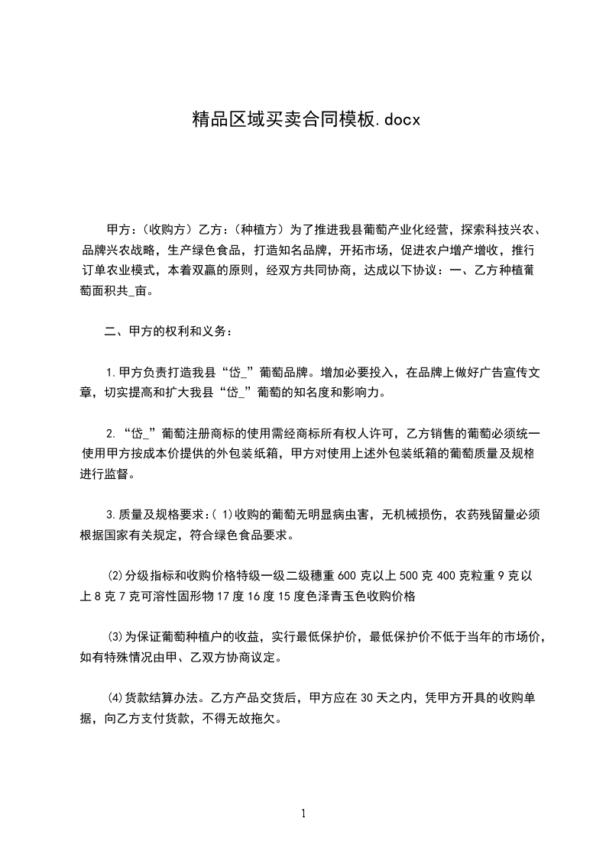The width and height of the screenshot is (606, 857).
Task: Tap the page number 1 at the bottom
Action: point(303,813)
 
